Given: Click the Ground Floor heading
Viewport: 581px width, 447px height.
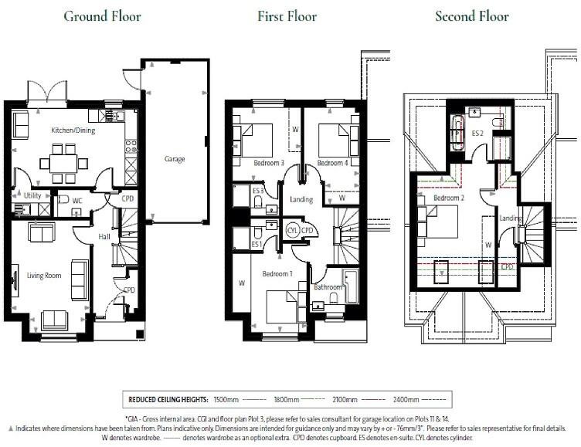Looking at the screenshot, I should click(102, 16).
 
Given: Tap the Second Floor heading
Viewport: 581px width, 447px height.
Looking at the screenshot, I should click(472, 16).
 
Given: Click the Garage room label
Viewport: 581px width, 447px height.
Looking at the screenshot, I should click(175, 158).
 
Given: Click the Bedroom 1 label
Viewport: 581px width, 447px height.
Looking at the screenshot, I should click(277, 275).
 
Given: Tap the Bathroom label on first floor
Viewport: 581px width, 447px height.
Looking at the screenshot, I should click(328, 288).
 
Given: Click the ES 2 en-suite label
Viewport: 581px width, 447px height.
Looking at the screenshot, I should click(478, 133).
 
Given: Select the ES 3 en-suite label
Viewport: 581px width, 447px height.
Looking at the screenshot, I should click(259, 190).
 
